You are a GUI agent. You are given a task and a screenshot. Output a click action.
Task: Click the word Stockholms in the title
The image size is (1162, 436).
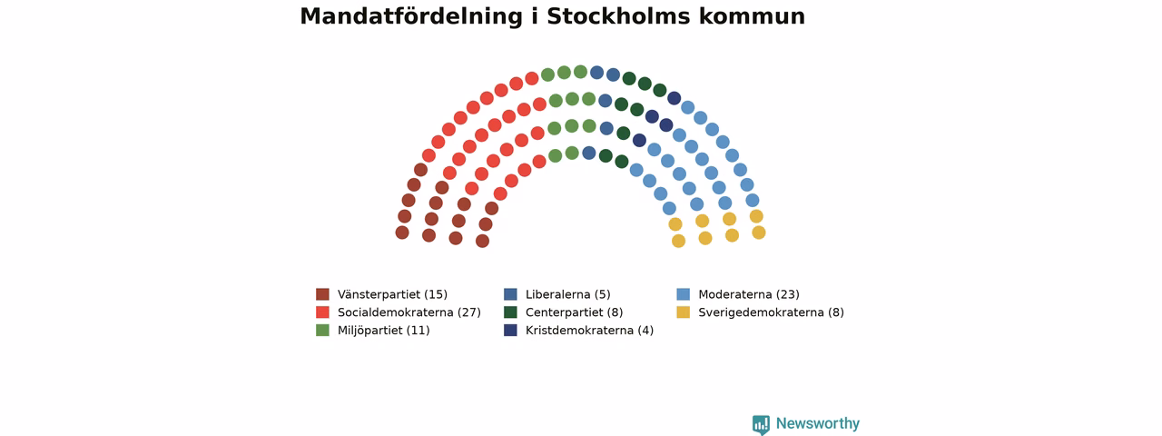point(618,16)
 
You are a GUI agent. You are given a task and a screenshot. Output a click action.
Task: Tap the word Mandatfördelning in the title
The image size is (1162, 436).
point(411,17)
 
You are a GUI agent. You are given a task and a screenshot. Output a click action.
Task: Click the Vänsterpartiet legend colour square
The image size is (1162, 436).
point(322,294)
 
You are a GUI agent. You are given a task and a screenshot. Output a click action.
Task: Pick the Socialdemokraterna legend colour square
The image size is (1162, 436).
point(322,312)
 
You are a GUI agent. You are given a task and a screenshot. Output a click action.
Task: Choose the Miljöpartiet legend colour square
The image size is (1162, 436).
point(322,330)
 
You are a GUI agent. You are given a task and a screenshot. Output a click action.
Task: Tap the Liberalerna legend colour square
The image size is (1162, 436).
point(510,294)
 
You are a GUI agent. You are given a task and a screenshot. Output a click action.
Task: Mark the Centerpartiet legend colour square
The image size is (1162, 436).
point(510,312)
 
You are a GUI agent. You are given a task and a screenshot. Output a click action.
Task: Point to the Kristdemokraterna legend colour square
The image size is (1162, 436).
point(510,330)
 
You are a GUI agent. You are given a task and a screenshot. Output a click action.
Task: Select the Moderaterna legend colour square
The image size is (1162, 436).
point(684,294)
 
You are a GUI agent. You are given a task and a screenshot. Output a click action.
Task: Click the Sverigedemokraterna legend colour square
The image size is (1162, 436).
point(684,312)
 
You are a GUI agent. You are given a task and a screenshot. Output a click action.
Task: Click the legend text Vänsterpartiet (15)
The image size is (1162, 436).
point(393,295)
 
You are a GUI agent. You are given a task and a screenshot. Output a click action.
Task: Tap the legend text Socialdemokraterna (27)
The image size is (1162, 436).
point(409,312)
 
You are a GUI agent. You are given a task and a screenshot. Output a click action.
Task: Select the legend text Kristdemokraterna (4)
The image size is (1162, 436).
point(589,331)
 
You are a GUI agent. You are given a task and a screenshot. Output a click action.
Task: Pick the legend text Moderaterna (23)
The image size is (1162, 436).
point(749,295)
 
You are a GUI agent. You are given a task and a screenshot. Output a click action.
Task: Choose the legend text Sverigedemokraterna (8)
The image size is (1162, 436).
point(772,312)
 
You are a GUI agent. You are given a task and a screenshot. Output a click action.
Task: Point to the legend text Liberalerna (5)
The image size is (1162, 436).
point(568,295)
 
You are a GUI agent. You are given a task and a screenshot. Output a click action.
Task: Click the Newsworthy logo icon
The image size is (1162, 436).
point(761,424)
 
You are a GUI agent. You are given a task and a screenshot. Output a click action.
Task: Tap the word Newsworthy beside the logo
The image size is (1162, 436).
point(818,423)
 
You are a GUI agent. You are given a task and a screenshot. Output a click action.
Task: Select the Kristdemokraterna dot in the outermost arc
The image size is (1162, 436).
point(674,98)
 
